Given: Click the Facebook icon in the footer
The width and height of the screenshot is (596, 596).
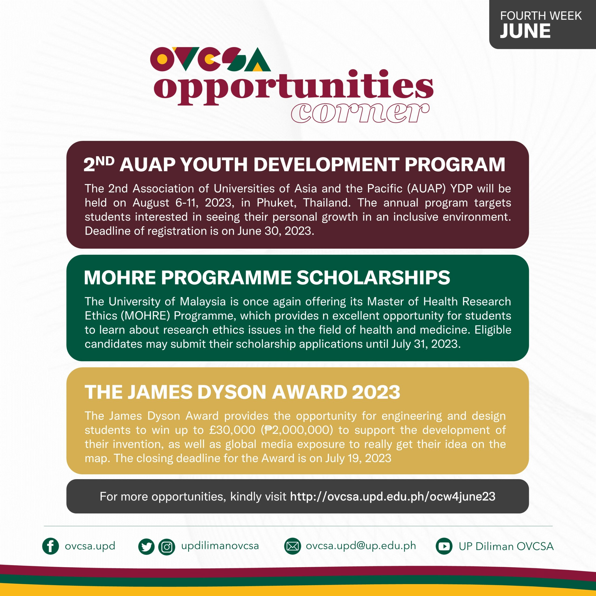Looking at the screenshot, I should coord(50,546).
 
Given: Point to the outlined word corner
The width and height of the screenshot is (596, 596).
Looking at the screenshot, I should coord(360,113).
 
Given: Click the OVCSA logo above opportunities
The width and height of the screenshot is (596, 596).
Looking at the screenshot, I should coord(210,59).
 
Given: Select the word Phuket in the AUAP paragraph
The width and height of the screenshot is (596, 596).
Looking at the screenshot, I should coord(276,203).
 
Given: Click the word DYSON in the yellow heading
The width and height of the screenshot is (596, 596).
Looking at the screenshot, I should coord(231,392).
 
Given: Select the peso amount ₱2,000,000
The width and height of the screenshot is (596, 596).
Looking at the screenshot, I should coord(297,430).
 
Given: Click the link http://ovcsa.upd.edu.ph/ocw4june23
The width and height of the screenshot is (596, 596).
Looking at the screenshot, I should coord(393,496).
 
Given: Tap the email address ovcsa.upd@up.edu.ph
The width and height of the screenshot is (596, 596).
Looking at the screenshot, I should coord(361,546).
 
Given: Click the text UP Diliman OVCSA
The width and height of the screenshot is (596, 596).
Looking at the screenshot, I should coord(506,546).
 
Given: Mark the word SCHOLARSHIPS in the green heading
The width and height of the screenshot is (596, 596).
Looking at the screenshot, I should coord(373,277).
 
